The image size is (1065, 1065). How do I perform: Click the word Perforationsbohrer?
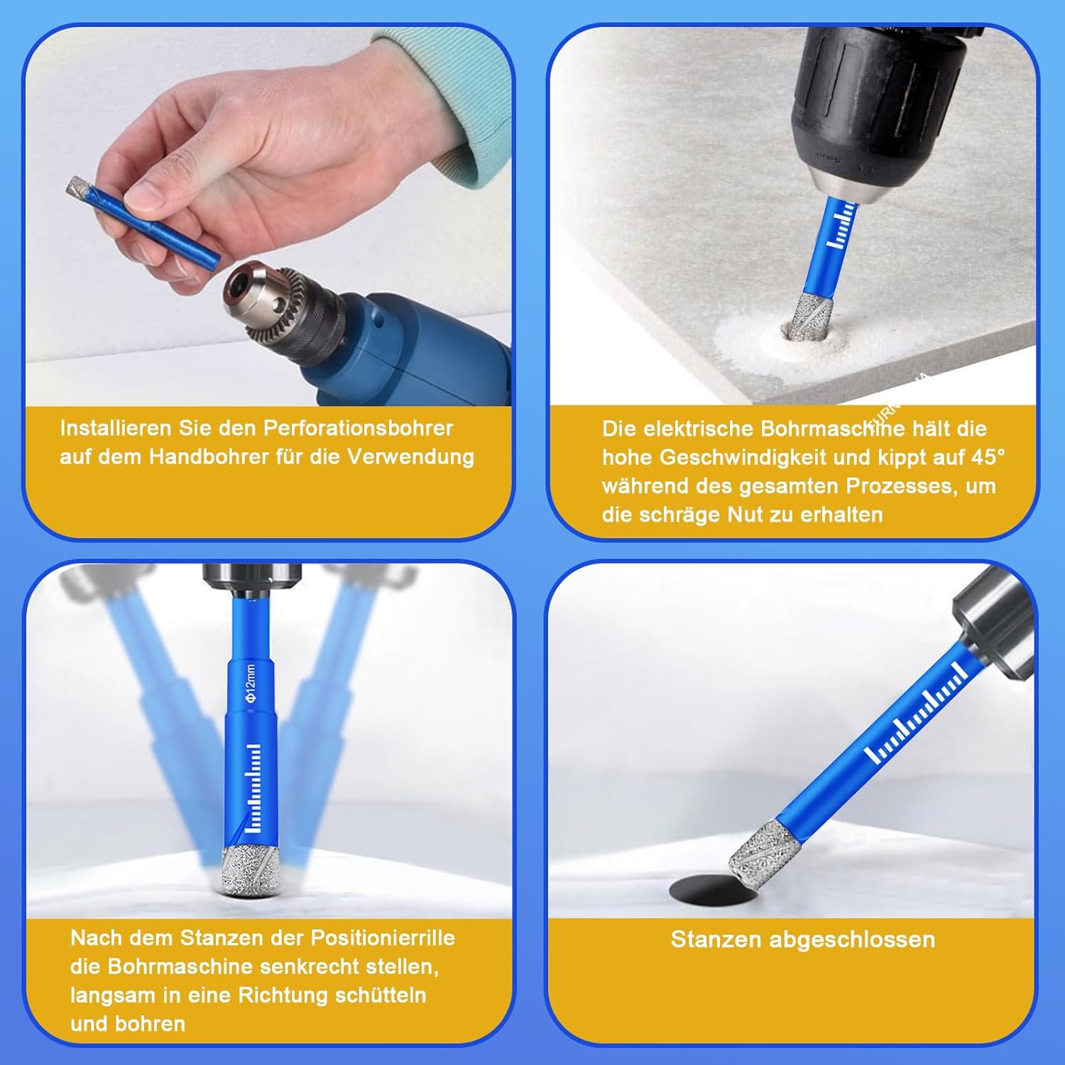358,428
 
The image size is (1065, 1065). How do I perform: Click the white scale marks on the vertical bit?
253,788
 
